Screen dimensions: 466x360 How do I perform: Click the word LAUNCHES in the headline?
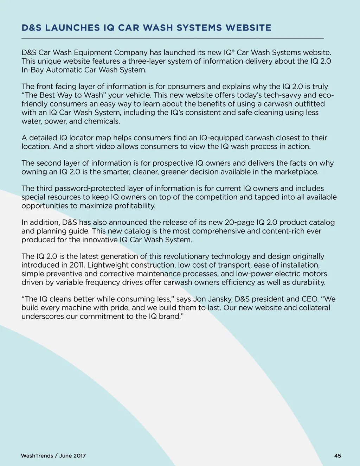pyautogui.click(x=72, y=28)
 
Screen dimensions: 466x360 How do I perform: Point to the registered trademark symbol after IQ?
pyautogui.click(x=232, y=51)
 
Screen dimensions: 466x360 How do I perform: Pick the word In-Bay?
pyautogui.click(x=33, y=70)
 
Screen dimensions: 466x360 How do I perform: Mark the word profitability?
pyautogui.click(x=135, y=206)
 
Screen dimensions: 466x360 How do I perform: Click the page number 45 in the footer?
pyautogui.click(x=337, y=456)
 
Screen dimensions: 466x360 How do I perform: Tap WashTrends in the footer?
pyautogui.click(x=37, y=456)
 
